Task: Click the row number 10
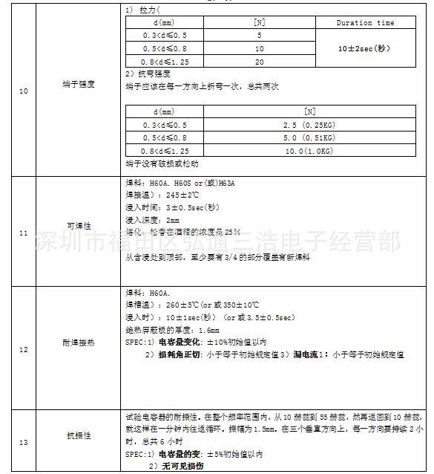(23, 91)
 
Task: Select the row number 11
(23, 233)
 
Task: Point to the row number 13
(23, 442)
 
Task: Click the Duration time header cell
(365, 23)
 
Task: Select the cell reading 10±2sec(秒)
(365, 48)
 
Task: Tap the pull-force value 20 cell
(259, 62)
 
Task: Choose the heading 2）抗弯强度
(148, 74)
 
